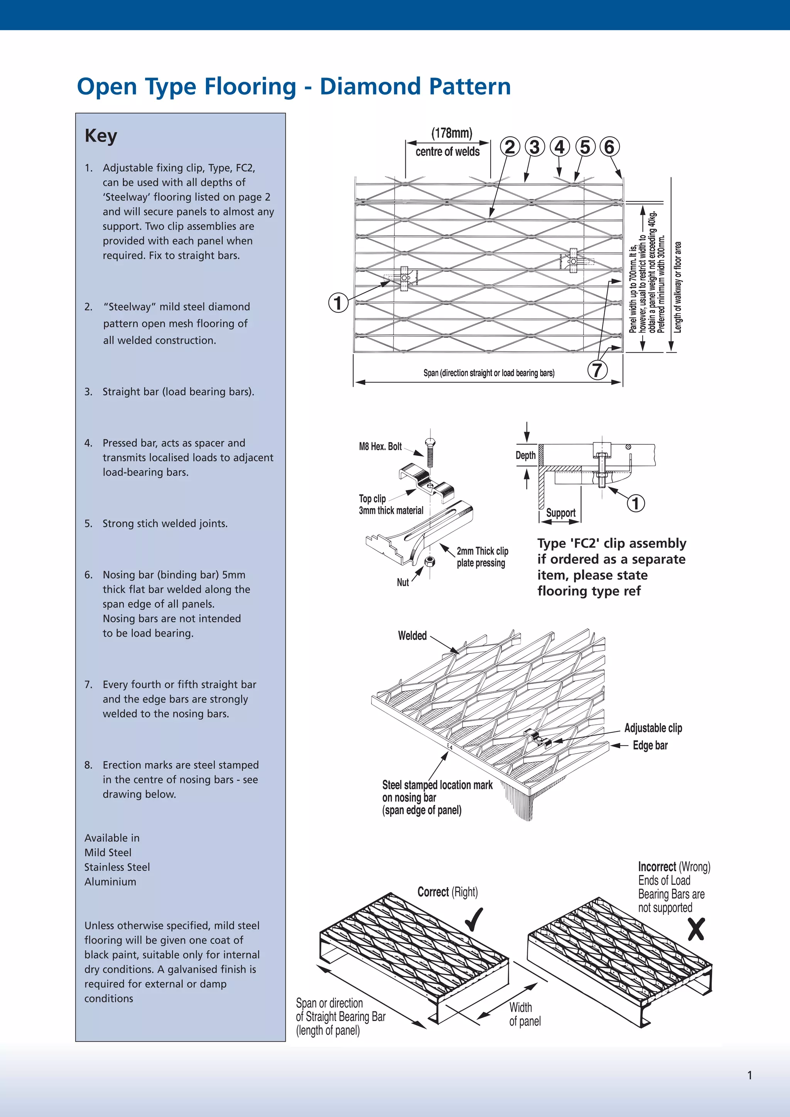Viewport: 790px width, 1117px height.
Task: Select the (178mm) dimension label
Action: (451, 133)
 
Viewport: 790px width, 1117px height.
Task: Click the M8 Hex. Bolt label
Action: (380, 447)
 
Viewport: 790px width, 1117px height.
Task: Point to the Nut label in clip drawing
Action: (403, 582)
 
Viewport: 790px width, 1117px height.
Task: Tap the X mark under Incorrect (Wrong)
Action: (696, 929)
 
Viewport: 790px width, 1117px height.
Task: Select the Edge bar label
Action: (650, 745)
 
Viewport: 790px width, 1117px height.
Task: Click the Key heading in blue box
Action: (101, 136)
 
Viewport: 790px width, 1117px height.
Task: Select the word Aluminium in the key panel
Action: (110, 882)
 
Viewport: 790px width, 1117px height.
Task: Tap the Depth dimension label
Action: (525, 456)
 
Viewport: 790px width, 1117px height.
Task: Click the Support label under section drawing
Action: (560, 513)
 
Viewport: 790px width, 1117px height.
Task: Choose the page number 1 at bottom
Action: (749, 1075)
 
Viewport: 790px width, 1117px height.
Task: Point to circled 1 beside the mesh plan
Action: (338, 303)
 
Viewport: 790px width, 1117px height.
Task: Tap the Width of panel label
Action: (524, 1014)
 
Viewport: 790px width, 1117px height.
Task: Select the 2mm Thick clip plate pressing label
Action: (481, 557)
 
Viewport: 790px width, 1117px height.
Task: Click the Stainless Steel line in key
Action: (117, 867)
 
